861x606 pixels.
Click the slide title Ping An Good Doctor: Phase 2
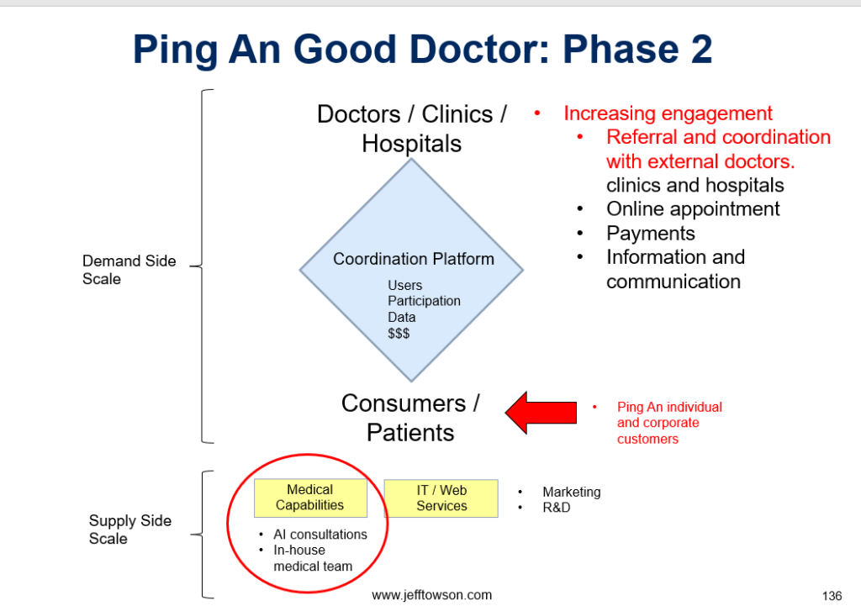pos(422,50)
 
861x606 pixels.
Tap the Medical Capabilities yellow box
pos(310,498)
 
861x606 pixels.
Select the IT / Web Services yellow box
pos(441,498)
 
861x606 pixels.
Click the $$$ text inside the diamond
pos(399,334)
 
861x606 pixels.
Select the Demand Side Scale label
pos(129,270)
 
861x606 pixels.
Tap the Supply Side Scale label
pos(129,530)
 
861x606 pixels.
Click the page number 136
pos(832,596)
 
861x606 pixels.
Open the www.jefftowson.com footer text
pos(431,595)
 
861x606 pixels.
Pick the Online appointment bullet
pos(693,209)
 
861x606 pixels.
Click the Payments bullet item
pos(651,234)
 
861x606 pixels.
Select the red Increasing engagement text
pos(668,113)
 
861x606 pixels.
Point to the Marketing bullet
pos(571,492)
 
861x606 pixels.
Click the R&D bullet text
pos(557,508)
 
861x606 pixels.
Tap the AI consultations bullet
pos(320,535)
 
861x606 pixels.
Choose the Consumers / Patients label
pos(410,418)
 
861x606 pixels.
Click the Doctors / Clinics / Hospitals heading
pos(411,129)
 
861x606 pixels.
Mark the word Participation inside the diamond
pos(424,302)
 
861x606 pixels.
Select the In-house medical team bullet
pos(312,558)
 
